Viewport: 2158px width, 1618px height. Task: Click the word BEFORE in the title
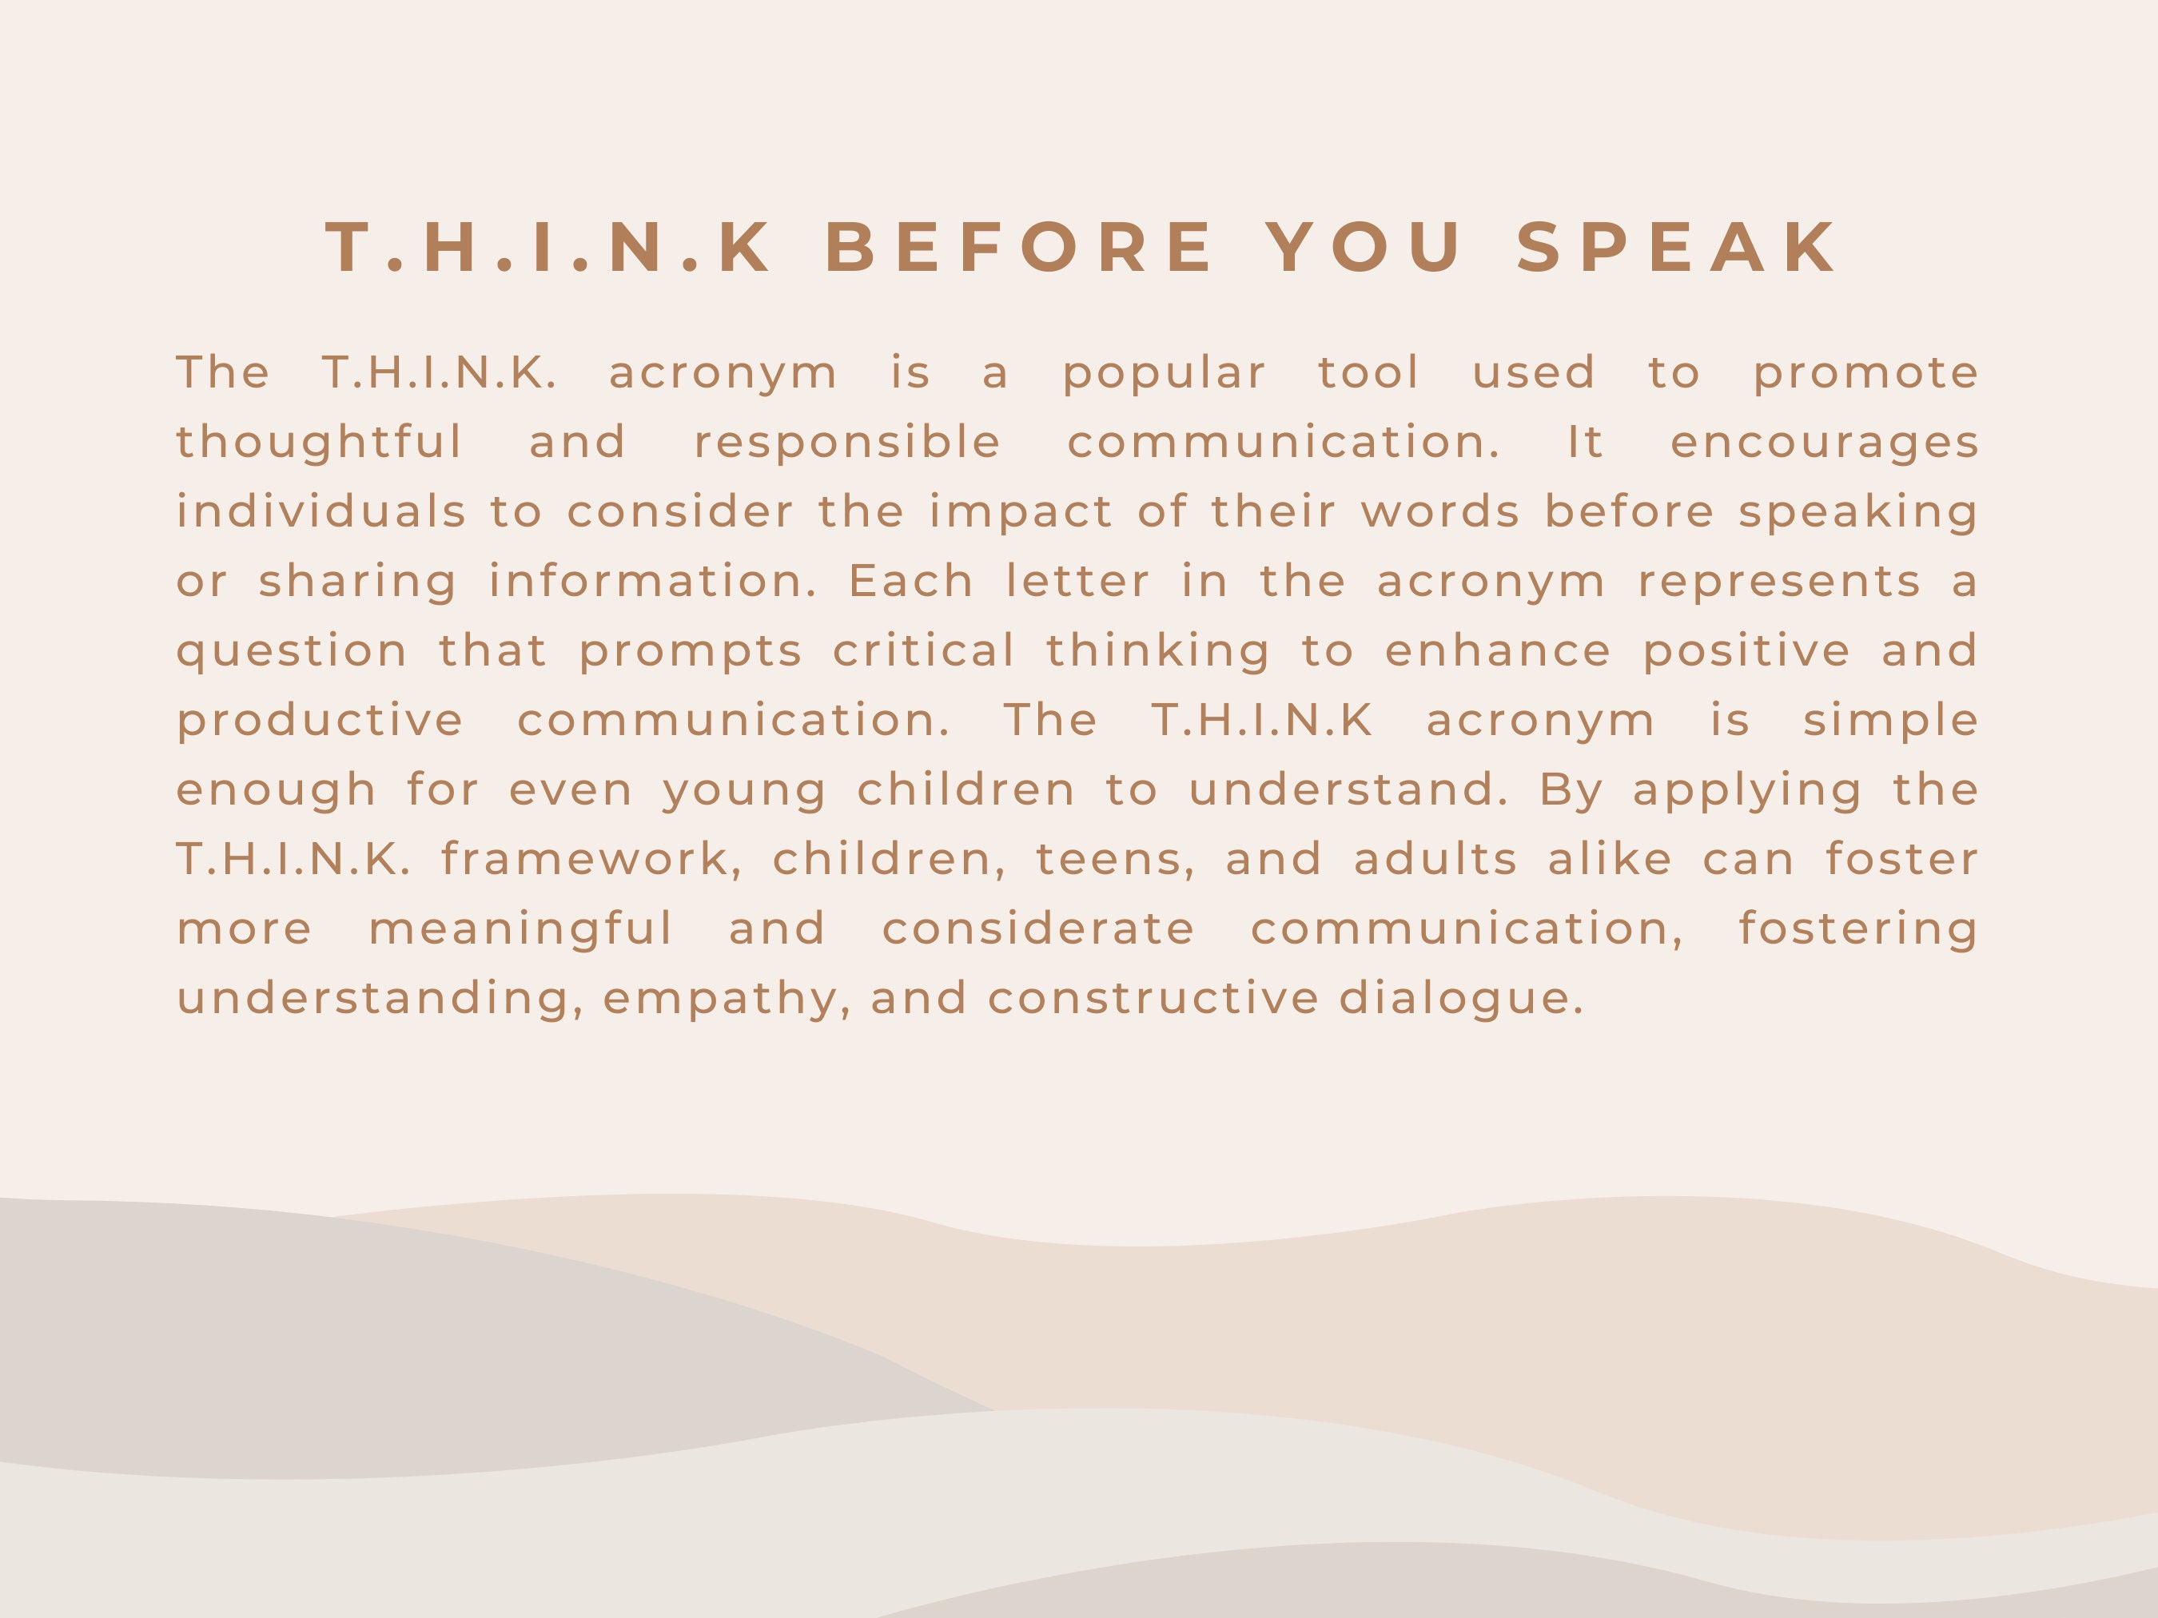click(x=1020, y=247)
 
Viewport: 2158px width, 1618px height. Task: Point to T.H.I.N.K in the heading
click(x=548, y=247)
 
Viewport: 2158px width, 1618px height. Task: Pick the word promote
click(x=1865, y=372)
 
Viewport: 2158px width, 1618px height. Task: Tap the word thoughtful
click(x=319, y=442)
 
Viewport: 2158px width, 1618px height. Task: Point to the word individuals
click(x=321, y=511)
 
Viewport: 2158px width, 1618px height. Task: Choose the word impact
click(x=1021, y=513)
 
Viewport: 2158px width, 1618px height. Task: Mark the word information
click(x=653, y=581)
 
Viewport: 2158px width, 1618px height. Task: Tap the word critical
click(x=923, y=650)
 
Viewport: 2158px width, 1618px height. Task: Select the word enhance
click(x=1498, y=650)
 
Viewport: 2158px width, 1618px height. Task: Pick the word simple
click(x=1889, y=722)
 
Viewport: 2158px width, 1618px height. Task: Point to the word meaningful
click(x=521, y=929)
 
